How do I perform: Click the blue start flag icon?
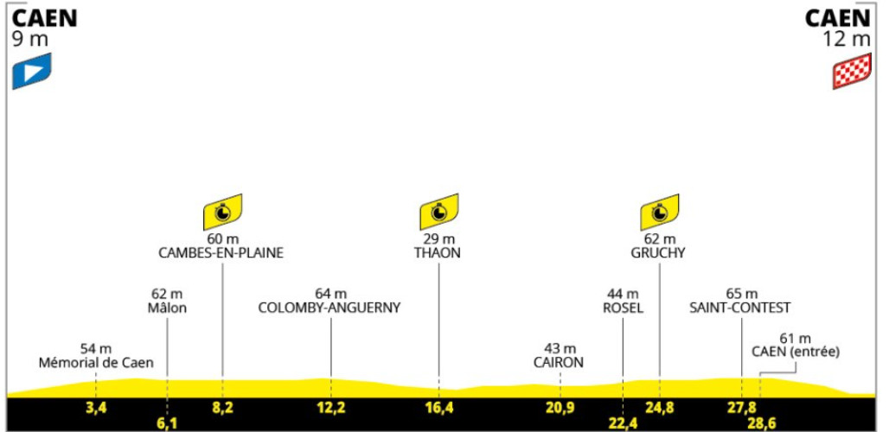tap(32, 71)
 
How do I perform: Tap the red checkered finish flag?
tap(852, 71)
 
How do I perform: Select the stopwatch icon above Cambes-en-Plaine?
tap(223, 212)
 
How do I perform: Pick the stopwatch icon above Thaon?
tap(438, 212)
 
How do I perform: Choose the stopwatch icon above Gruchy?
tap(659, 212)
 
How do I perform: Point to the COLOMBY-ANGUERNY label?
tap(329, 308)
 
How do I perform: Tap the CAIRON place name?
tap(559, 363)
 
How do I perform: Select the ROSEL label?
tap(623, 308)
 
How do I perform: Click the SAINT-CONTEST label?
tap(740, 308)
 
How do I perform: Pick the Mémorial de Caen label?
tap(96, 363)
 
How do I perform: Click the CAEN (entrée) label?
tap(796, 352)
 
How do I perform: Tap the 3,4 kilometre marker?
tap(95, 407)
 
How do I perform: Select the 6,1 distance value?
tap(167, 424)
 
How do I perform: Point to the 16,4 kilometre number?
tap(438, 407)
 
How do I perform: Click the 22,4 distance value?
tap(622, 424)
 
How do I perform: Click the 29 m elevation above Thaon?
tap(439, 239)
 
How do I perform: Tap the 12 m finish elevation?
tap(847, 39)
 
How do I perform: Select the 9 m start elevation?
tap(30, 39)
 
